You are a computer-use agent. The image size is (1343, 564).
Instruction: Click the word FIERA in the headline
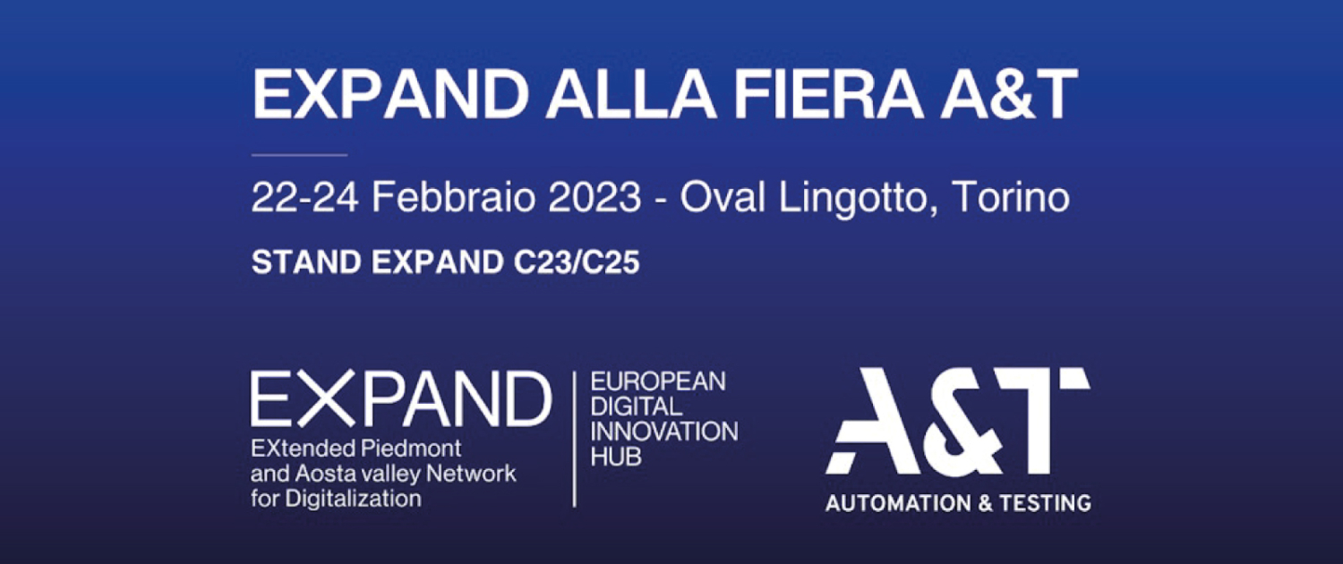click(x=828, y=94)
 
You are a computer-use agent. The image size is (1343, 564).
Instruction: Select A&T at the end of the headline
click(x=1008, y=94)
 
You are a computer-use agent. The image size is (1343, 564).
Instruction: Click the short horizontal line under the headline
click(x=299, y=155)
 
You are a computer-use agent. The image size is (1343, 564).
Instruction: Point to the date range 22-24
click(x=304, y=198)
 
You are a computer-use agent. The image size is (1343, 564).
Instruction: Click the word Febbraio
click(x=453, y=197)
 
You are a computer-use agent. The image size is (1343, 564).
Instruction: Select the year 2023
click(x=595, y=198)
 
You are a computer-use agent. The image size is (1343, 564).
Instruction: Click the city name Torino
click(x=1011, y=197)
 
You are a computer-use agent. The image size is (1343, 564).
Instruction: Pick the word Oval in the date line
click(x=723, y=197)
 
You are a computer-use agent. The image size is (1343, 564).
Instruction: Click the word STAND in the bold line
click(x=306, y=262)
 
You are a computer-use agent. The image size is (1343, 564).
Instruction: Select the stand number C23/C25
click(x=577, y=262)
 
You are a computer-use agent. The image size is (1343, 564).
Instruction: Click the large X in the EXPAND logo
click(x=328, y=398)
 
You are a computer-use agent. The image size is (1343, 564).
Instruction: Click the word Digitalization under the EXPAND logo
click(x=353, y=499)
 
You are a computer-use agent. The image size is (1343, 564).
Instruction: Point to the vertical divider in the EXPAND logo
click(x=575, y=440)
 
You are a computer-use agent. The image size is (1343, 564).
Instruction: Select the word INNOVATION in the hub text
click(x=664, y=432)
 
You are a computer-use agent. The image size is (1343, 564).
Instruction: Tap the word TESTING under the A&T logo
click(x=1045, y=503)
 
